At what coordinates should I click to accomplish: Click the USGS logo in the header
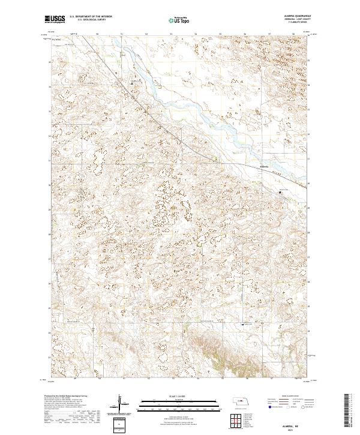(x=56, y=19)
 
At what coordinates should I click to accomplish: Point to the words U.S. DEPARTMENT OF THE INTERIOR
(x=92, y=16)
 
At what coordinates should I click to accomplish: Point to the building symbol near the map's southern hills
(x=243, y=325)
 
